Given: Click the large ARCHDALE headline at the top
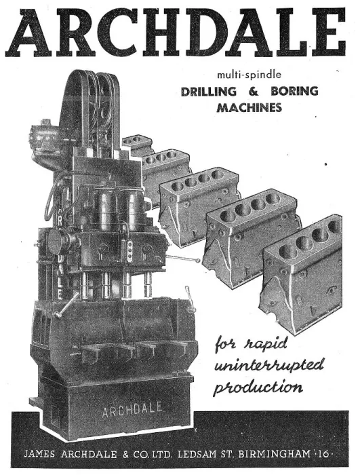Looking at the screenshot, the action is click(176, 33).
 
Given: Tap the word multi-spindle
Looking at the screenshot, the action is click(249, 75).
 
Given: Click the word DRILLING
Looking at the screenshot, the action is click(209, 91).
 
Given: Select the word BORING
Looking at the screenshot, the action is click(294, 91).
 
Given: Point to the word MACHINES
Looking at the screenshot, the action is click(249, 107).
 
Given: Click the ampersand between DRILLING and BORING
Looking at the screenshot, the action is click(254, 91).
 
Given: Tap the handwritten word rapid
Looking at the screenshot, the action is click(266, 345).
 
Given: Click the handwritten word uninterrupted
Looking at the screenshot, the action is click(269, 365).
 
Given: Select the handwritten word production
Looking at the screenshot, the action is click(258, 386).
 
